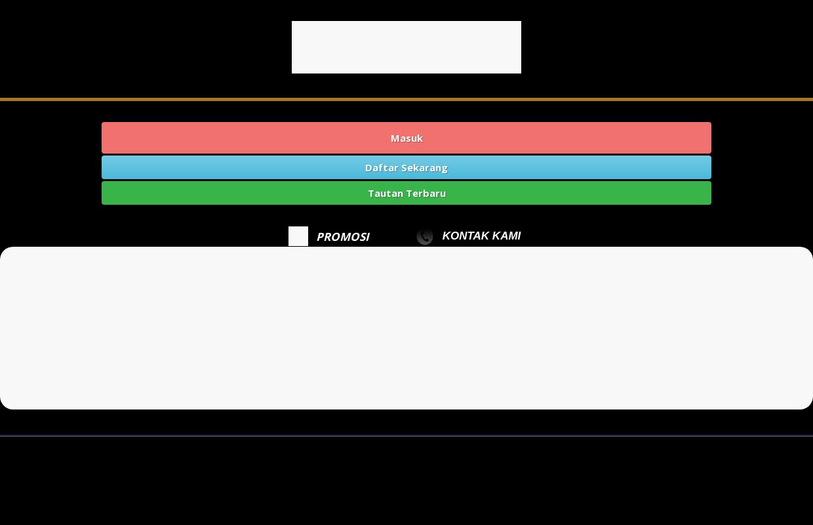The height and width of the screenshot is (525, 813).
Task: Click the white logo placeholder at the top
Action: pyautogui.click(x=406, y=47)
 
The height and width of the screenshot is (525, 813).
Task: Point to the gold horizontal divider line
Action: pyautogui.click(x=406, y=99)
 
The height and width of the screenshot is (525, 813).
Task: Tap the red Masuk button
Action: pyautogui.click(x=406, y=138)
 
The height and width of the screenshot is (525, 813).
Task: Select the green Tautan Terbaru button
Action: pyautogui.click(x=406, y=193)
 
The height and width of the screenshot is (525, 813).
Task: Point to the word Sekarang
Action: pyautogui.click(x=424, y=168)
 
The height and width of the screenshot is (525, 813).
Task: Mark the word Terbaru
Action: pyautogui.click(x=423, y=194)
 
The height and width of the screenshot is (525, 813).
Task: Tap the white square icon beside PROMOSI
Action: pyautogui.click(x=298, y=236)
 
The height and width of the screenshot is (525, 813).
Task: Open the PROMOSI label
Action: pyautogui.click(x=343, y=237)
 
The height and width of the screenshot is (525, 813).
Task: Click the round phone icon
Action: pyautogui.click(x=425, y=236)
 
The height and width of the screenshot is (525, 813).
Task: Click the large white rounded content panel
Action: pyautogui.click(x=406, y=328)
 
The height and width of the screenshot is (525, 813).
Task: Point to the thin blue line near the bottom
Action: pyautogui.click(x=406, y=436)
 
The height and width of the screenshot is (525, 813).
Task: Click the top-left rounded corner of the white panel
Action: pyautogui.click(x=3, y=250)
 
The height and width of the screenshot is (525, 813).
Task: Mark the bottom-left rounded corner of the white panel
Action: pyautogui.click(x=3, y=406)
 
